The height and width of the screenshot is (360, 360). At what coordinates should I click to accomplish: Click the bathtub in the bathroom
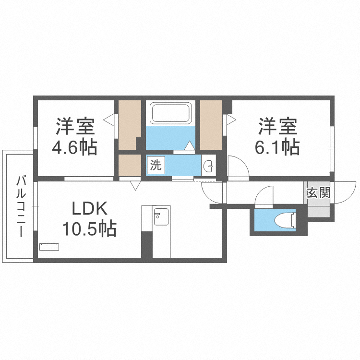(170, 113)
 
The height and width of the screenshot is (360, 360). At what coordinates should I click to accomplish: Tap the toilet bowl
(285, 220)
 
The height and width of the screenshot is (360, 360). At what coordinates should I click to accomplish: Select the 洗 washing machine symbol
(156, 165)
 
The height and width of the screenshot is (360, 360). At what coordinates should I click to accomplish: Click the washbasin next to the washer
(209, 165)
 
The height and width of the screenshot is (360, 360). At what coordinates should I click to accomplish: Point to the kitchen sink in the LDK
(161, 216)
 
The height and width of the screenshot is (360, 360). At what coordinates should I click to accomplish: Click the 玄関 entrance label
(319, 192)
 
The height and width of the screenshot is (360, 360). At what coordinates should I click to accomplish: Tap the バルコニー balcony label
(21, 206)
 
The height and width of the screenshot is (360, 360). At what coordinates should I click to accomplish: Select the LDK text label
(90, 208)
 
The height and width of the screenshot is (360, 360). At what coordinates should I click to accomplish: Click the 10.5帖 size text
(89, 228)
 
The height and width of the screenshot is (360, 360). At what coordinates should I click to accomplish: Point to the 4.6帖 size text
(74, 147)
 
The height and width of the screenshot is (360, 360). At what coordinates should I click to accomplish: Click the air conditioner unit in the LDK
(49, 247)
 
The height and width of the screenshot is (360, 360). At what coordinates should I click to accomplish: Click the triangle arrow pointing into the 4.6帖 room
(108, 120)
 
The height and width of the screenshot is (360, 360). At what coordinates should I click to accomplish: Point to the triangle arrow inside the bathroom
(190, 145)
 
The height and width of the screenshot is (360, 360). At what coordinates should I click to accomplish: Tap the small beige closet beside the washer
(130, 165)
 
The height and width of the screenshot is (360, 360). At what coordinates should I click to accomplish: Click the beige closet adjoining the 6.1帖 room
(211, 125)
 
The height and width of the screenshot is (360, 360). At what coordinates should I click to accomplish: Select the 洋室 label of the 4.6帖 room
(75, 126)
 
